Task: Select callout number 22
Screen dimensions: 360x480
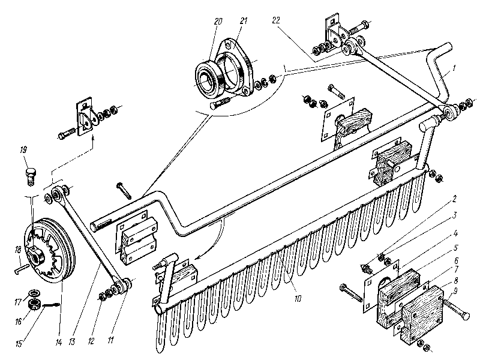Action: point(275,20)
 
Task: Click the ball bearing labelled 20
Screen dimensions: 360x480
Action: point(210,76)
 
